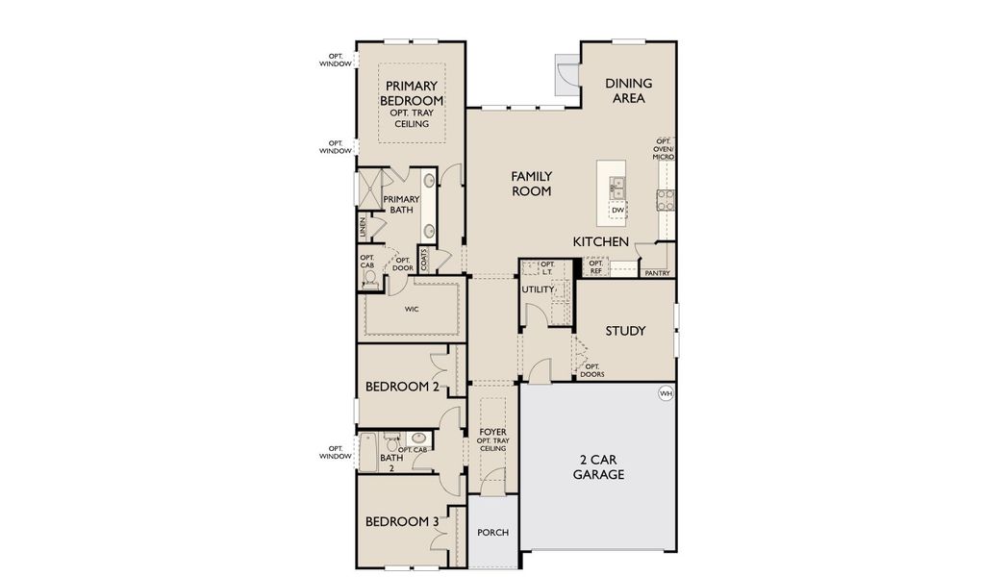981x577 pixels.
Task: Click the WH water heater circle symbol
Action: pyautogui.click(x=665, y=393)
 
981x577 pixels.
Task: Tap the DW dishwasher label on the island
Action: pyautogui.click(x=618, y=210)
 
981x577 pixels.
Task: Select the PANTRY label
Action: pyautogui.click(x=658, y=273)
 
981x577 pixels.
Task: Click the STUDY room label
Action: pyautogui.click(x=625, y=331)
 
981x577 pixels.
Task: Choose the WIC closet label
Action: pyautogui.click(x=412, y=310)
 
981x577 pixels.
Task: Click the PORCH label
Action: pyautogui.click(x=492, y=533)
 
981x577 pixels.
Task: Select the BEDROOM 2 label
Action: pyautogui.click(x=402, y=387)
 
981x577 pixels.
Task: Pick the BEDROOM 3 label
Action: pyautogui.click(x=402, y=522)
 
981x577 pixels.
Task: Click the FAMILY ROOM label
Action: pyautogui.click(x=531, y=183)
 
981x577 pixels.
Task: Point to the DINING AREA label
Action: pyautogui.click(x=629, y=90)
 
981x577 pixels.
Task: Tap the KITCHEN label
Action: pyautogui.click(x=601, y=241)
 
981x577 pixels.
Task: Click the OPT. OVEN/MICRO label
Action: pyautogui.click(x=664, y=149)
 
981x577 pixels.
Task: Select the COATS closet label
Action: pyautogui.click(x=423, y=260)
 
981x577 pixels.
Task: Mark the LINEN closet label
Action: pyautogui.click(x=362, y=228)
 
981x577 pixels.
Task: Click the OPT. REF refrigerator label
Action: pyautogui.click(x=595, y=267)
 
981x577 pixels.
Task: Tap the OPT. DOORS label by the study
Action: pyautogui.click(x=592, y=370)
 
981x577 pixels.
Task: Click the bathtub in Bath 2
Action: pyautogui.click(x=367, y=452)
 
